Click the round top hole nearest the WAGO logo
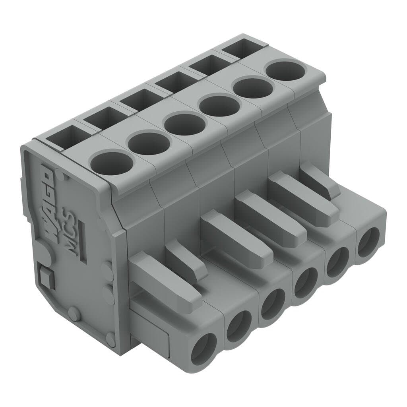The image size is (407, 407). click(111, 163)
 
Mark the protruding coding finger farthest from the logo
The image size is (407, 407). click(320, 181)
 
